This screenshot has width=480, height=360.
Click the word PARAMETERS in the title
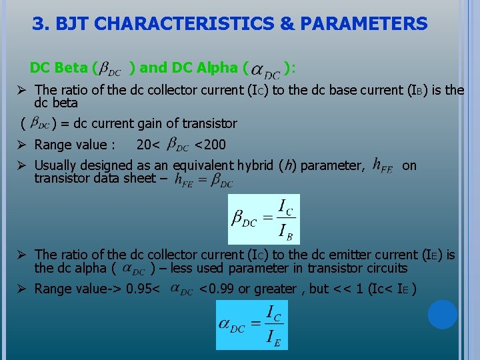(364, 25)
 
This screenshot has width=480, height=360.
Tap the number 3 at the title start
(40, 25)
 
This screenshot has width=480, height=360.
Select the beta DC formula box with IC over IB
(264, 219)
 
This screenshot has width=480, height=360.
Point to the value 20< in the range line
(148, 145)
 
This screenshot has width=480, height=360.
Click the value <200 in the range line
(210, 145)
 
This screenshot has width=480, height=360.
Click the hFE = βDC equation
(203, 180)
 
